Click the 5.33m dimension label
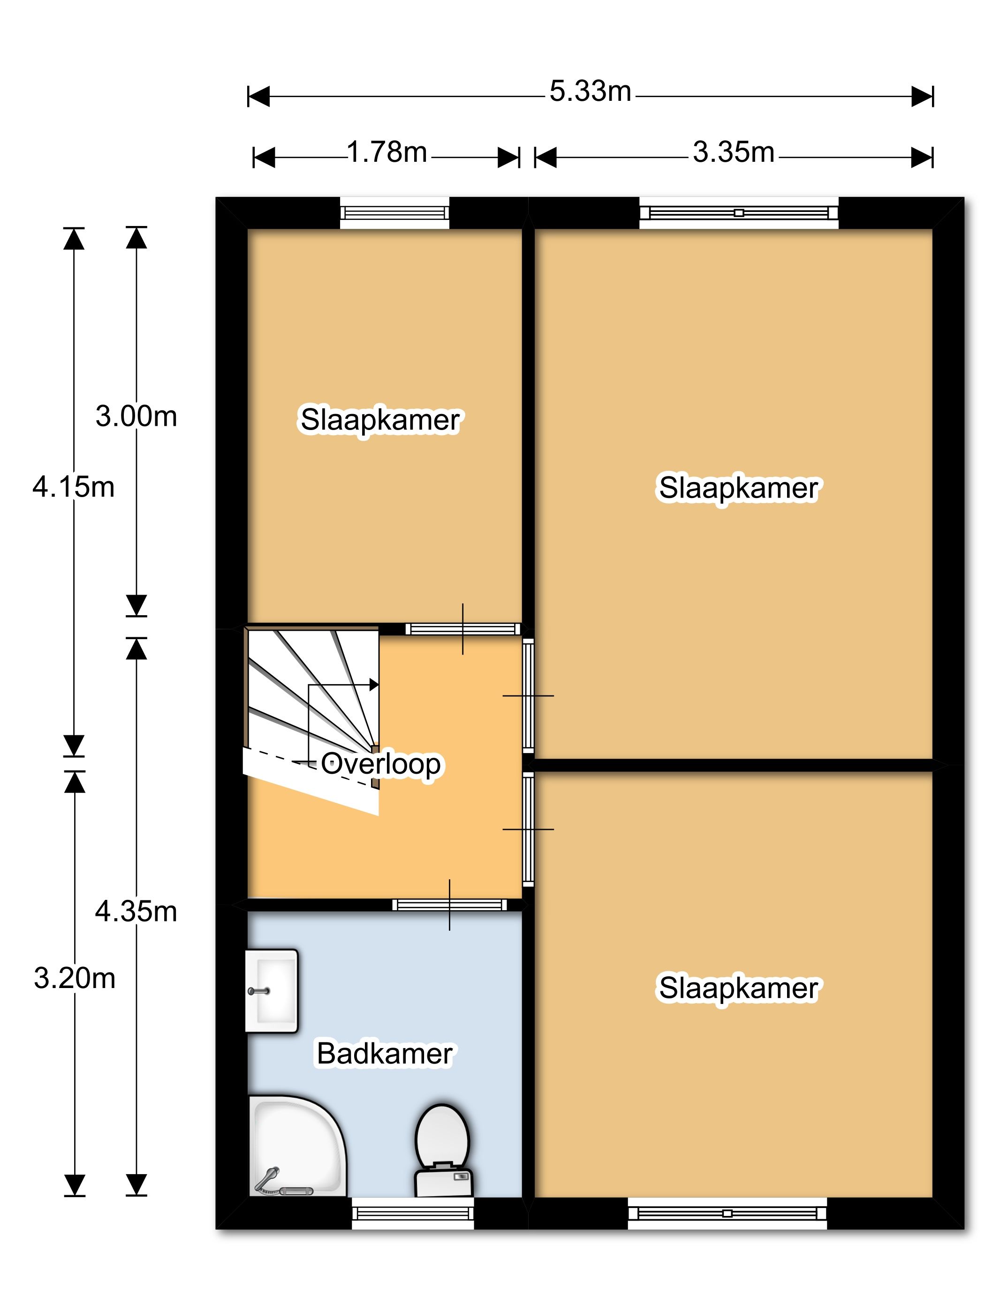[590, 91]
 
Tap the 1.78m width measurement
[386, 152]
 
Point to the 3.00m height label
[136, 416]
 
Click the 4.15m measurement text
[74, 487]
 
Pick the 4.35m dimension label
[136, 911]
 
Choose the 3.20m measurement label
[74, 978]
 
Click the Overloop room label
[380, 764]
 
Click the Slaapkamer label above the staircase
[380, 420]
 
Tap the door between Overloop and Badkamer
[449, 905]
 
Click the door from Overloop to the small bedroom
[463, 629]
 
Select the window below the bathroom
[413, 1213]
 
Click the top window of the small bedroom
[394, 212]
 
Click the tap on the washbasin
[259, 991]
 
